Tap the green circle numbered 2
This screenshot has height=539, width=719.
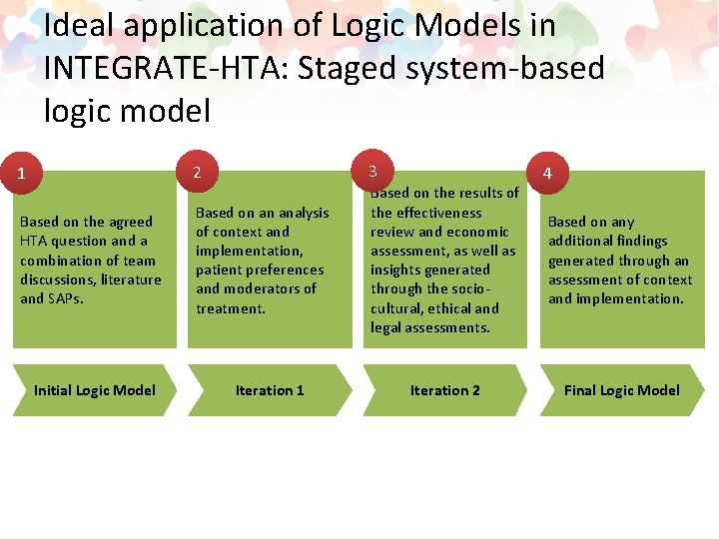coord(198,173)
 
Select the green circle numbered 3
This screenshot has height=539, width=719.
coord(372,169)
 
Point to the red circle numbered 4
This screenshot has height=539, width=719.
coord(547,173)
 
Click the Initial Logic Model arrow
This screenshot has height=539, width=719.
coord(93,390)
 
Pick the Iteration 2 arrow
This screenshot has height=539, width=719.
coord(444,390)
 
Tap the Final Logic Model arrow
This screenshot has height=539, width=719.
coord(621,390)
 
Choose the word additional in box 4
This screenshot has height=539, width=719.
coord(583,241)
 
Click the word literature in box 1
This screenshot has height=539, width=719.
coord(129,279)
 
